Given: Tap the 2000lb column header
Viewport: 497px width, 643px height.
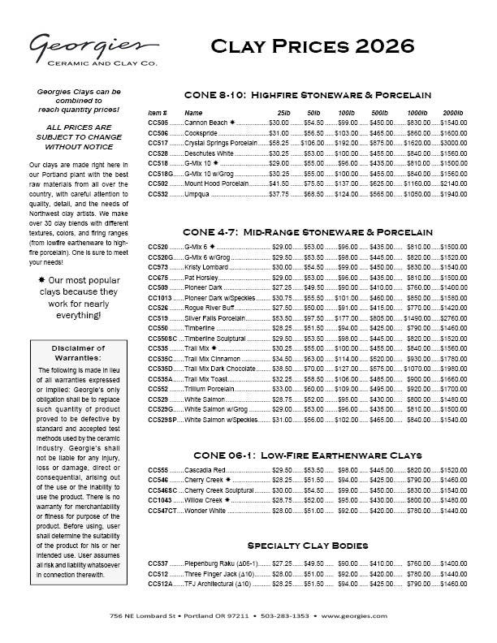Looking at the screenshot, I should [452, 112].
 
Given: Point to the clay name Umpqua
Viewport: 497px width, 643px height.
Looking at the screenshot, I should [198, 194].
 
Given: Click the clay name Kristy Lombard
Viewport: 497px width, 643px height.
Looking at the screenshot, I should [206, 267].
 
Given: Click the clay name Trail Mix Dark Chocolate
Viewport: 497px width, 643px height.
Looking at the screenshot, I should [220, 369].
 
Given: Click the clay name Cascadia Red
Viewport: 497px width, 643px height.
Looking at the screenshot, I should [204, 471].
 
